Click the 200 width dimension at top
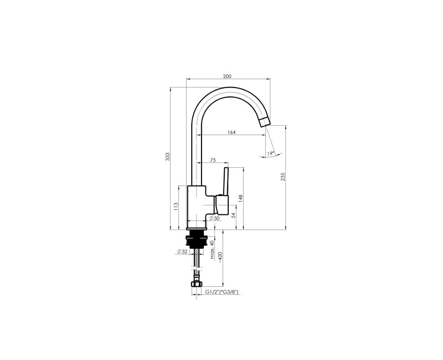pos(227,76)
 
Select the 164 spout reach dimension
pos(231,132)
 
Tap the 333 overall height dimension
pos(167,157)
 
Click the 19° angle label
pos(270,153)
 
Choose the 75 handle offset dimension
pos(213,160)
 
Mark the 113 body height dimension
pos(176,206)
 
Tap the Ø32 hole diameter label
pos(182,251)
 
